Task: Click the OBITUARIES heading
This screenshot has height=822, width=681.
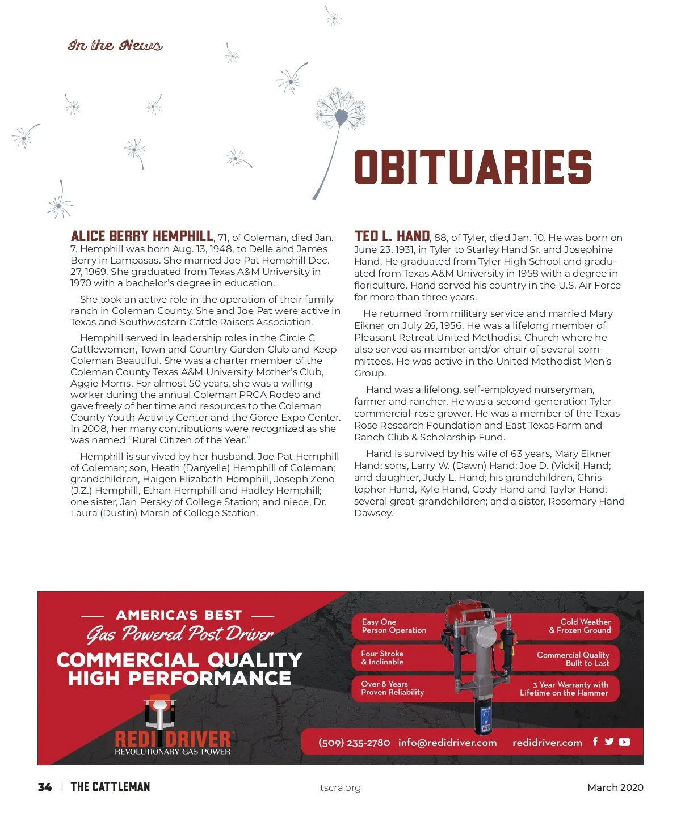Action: click(x=473, y=167)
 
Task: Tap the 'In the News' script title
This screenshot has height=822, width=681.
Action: click(x=115, y=45)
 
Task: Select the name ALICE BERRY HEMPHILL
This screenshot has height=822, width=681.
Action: click(x=142, y=236)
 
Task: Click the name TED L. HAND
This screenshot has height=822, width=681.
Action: click(x=392, y=236)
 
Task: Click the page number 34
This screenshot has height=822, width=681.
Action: click(x=45, y=787)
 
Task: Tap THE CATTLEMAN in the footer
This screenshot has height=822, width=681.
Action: click(x=110, y=787)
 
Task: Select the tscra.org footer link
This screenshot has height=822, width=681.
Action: click(x=340, y=787)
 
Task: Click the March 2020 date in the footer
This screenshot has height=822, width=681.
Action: click(x=615, y=787)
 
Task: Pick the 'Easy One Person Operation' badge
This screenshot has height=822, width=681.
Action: click(x=394, y=626)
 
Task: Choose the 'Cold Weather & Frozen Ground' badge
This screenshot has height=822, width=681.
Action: click(x=580, y=626)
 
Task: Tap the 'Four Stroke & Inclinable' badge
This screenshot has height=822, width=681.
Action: click(x=383, y=658)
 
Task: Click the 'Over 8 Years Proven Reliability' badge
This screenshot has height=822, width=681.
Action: click(x=393, y=688)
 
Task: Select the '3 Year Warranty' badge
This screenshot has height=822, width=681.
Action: click(x=564, y=688)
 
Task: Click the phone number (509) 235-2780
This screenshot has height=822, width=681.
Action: click(x=354, y=743)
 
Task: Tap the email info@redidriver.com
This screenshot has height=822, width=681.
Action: click(x=447, y=743)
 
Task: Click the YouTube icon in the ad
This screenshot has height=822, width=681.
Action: click(x=624, y=742)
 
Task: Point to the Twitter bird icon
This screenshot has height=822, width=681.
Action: click(x=609, y=742)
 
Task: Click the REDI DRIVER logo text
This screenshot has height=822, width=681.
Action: click(x=173, y=739)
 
